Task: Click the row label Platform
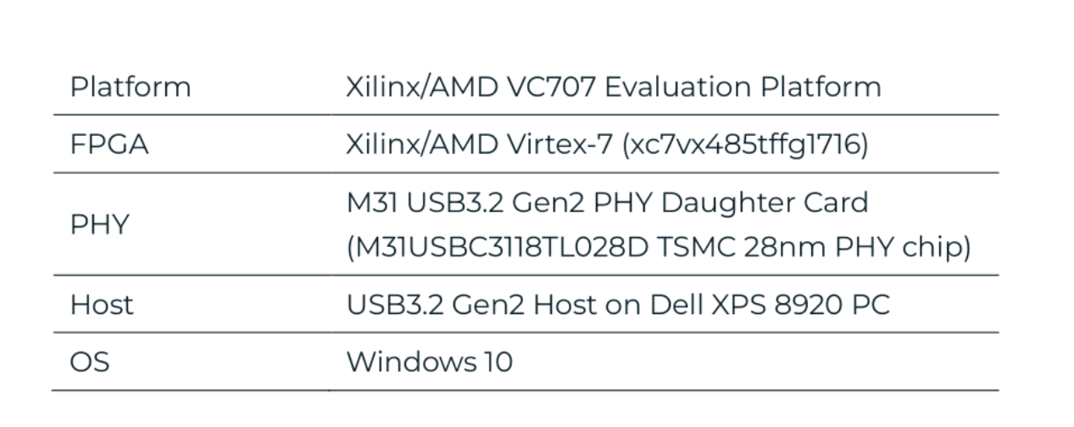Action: point(131,87)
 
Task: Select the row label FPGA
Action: point(109,145)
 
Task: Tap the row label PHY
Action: point(98,226)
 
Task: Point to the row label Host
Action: point(102,305)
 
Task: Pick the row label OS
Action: point(89,362)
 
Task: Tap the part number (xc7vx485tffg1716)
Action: point(746,145)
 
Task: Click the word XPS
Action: point(737,305)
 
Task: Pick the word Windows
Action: point(409,362)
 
